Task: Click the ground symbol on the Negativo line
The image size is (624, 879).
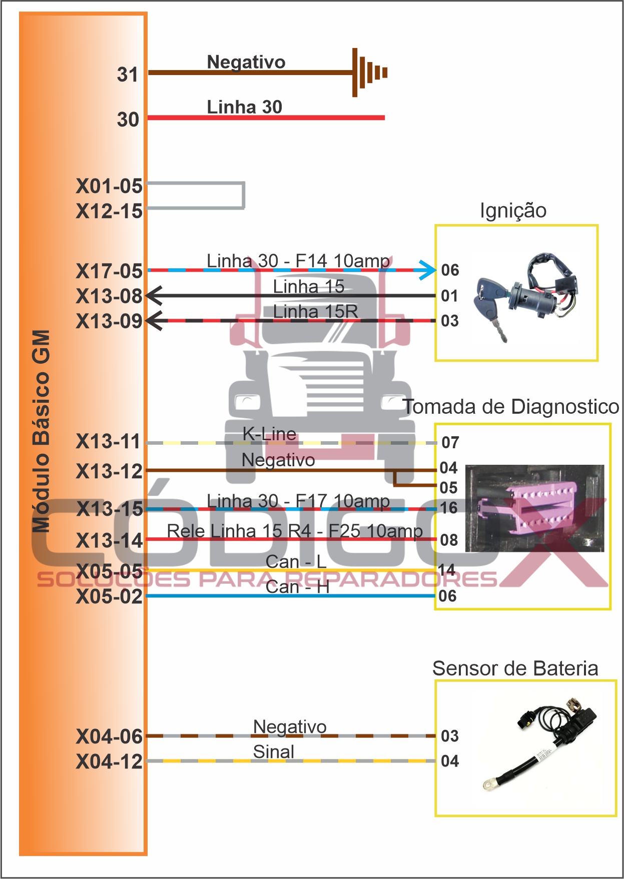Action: pyautogui.click(x=369, y=73)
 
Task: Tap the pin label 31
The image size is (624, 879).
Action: pyautogui.click(x=128, y=75)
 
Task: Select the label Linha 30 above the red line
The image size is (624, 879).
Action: pyautogui.click(x=245, y=107)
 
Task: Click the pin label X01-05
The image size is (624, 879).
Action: pyautogui.click(x=109, y=186)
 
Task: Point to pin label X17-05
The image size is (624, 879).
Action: pyautogui.click(x=109, y=271)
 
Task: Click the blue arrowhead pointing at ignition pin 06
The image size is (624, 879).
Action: pyautogui.click(x=428, y=270)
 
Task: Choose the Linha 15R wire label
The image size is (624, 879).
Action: pyautogui.click(x=315, y=311)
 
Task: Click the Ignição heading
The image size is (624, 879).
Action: pyautogui.click(x=513, y=211)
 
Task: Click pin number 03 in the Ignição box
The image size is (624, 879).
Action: pyautogui.click(x=450, y=321)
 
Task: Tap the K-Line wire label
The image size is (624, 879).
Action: pyautogui.click(x=269, y=434)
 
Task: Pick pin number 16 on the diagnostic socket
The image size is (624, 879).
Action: pyautogui.click(x=449, y=508)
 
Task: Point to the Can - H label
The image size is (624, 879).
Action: pyautogui.click(x=297, y=587)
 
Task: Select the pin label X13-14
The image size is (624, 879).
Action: pyautogui.click(x=109, y=541)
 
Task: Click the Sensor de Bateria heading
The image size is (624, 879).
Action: pyautogui.click(x=515, y=668)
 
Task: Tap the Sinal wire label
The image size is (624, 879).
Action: pyautogui.click(x=273, y=751)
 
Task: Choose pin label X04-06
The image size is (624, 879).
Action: pyautogui.click(x=109, y=736)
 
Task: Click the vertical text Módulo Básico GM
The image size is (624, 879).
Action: pyautogui.click(x=41, y=430)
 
